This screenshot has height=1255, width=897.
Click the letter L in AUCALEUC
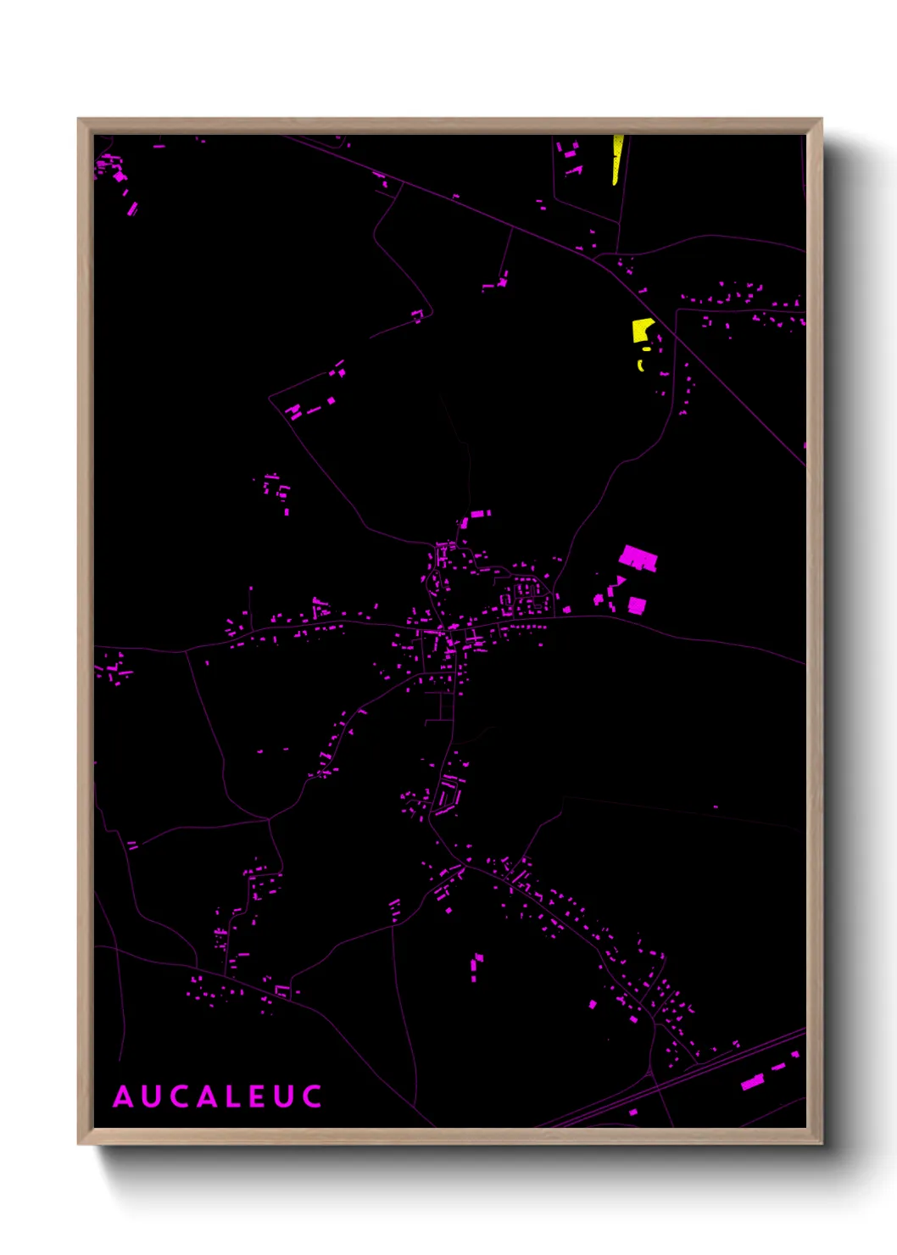tap(231, 1096)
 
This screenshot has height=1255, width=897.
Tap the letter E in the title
tap(257, 1096)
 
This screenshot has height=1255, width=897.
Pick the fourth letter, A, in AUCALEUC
tap(204, 1096)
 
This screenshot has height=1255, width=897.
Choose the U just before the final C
tap(283, 1096)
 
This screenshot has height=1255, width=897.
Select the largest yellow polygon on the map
tap(641, 329)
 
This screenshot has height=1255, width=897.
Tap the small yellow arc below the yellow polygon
tap(641, 365)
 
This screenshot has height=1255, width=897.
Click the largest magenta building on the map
tap(638, 558)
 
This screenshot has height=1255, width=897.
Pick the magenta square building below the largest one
tap(637, 605)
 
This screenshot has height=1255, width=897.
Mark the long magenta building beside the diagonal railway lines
tap(752, 1082)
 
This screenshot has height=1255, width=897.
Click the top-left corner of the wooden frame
tap(79, 120)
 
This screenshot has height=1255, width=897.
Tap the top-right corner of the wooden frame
tap(821, 120)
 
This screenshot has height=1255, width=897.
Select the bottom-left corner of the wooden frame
tap(79, 1143)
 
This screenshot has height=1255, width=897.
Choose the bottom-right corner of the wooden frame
tap(821, 1143)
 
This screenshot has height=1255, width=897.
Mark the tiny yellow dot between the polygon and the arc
tap(647, 349)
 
